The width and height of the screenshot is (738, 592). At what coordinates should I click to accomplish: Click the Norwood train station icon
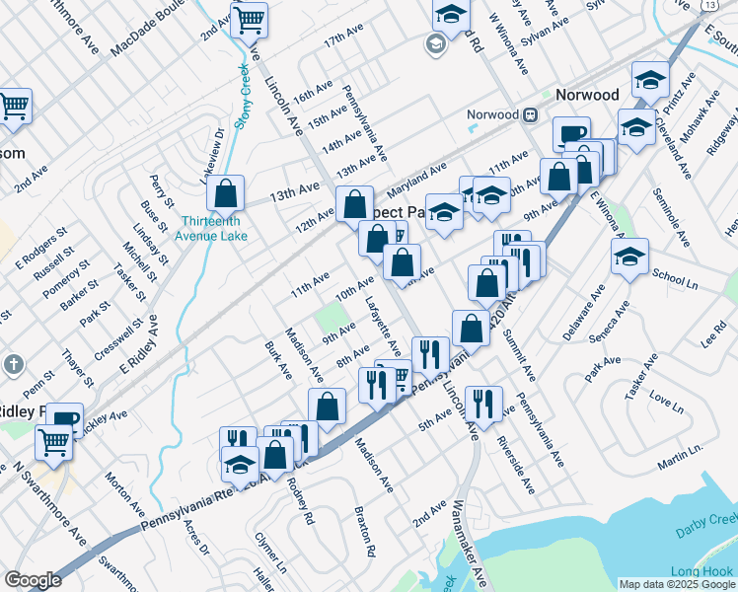530,114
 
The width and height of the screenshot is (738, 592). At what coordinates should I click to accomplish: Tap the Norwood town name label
587,95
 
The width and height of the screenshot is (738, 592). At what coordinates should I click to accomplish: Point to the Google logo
33,580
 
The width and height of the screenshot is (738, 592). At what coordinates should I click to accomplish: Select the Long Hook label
701,571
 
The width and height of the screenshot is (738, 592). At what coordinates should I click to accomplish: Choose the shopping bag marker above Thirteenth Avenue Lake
225,193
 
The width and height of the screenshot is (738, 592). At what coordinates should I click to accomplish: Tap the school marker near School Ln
629,258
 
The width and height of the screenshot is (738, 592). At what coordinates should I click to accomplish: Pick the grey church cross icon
13,365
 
